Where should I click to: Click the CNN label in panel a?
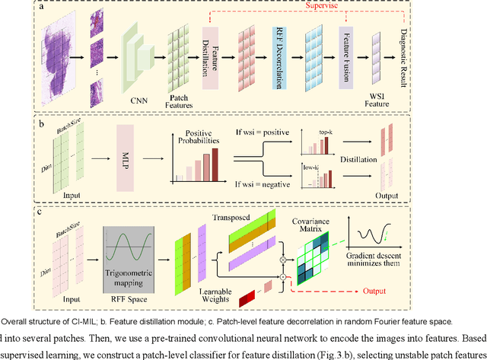[x=139, y=97]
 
